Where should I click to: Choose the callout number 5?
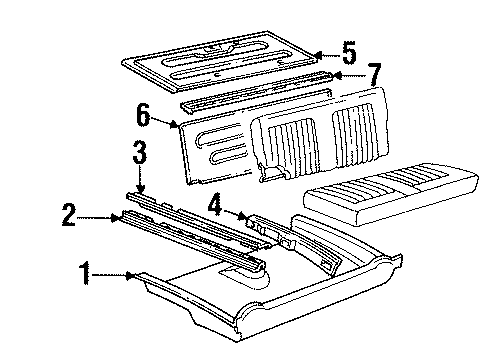(349, 53)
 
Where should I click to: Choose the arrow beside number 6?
(172, 124)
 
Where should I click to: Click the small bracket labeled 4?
(268, 229)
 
